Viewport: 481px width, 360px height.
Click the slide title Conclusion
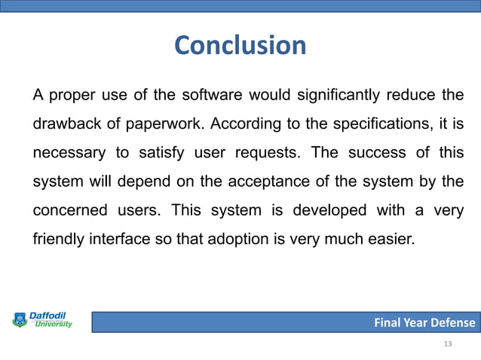coord(240,46)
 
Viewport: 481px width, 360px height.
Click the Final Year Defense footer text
coord(425,323)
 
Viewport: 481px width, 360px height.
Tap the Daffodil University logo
coord(42,320)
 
